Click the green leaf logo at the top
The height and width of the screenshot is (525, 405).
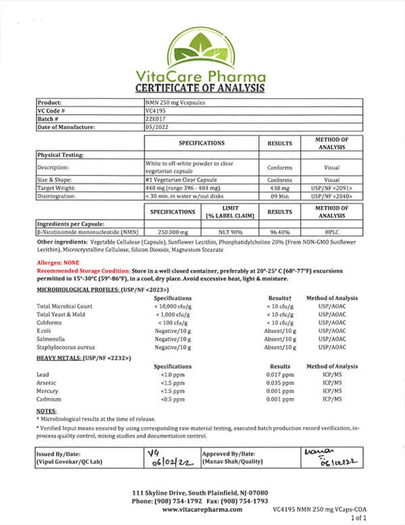(x=202, y=36)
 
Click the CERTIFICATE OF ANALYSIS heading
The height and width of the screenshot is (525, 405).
(x=202, y=88)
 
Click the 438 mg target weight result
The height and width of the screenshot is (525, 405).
(x=279, y=188)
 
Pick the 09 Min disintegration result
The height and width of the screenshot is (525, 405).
(x=279, y=196)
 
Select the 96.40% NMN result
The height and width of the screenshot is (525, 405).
(x=279, y=231)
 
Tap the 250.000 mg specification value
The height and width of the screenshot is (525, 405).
(x=172, y=231)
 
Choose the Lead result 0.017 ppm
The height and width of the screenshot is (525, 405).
(x=279, y=375)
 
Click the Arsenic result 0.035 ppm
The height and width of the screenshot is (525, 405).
(x=279, y=383)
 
